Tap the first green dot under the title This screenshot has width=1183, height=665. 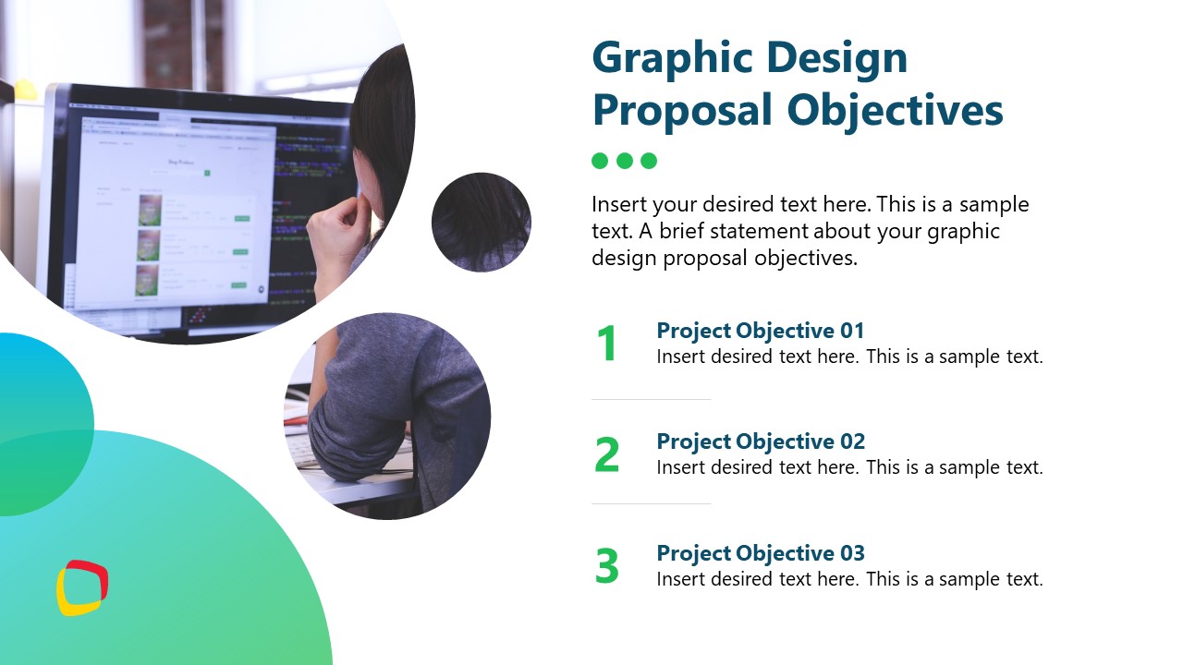coord(600,161)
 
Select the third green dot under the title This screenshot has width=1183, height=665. coord(649,161)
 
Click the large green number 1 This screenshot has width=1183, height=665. coord(606,345)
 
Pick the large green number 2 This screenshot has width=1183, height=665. coord(606,455)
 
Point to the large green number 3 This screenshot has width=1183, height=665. coord(606,566)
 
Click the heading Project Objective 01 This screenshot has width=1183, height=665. coord(760,331)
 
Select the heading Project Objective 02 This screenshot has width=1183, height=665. coord(760,441)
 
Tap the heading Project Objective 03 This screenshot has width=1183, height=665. coord(760,553)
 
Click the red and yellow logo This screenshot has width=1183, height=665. coord(82,588)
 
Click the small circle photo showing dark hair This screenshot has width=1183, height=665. coord(482,223)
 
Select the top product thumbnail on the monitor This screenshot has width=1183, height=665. coord(150,210)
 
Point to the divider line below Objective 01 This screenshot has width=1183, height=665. coord(651,399)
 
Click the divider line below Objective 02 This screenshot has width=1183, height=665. coord(651,503)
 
